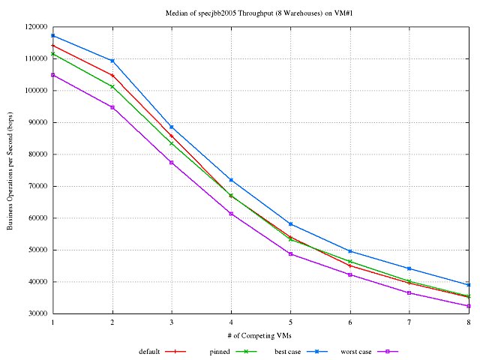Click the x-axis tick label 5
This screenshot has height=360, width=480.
coord(290,322)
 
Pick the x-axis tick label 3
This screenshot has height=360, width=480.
coord(172,322)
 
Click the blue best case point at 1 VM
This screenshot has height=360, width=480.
coord(53,35)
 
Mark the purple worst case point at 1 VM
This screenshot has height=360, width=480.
coord(53,75)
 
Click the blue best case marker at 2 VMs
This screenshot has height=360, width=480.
coord(112,61)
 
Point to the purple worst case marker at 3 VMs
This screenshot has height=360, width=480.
coord(172,163)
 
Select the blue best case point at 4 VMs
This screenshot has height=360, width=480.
coord(231,180)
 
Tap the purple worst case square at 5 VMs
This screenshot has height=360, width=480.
coord(290,253)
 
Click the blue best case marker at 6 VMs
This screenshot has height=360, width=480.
coord(350,251)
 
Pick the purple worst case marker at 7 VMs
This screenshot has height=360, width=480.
coord(409,292)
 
